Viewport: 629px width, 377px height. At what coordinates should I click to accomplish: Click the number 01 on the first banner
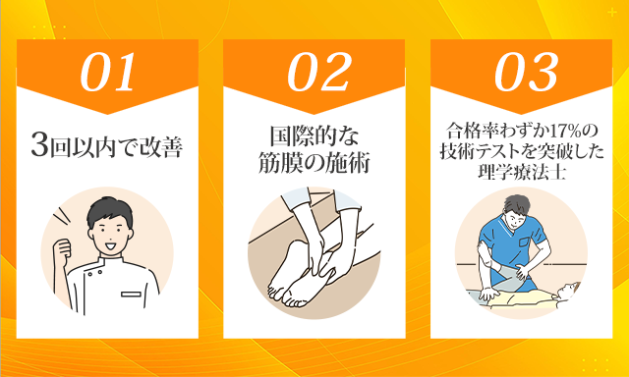[x=107, y=72]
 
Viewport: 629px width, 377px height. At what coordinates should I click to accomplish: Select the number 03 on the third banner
[x=527, y=72]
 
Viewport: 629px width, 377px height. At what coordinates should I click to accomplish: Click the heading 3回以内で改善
[x=107, y=148]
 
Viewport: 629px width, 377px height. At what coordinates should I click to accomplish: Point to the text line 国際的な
[x=314, y=137]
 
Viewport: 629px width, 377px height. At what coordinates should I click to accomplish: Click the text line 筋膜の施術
[x=314, y=163]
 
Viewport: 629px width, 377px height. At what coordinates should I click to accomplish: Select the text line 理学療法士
[x=522, y=174]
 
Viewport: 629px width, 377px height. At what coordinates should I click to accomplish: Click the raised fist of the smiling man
[x=62, y=251]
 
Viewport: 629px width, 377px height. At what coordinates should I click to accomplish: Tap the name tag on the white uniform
[x=131, y=295]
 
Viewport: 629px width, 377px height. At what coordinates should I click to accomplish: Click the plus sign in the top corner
[x=611, y=13]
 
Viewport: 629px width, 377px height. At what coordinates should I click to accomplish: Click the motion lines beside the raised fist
[x=59, y=218]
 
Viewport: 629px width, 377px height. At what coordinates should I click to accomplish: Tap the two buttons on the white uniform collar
[x=95, y=273]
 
